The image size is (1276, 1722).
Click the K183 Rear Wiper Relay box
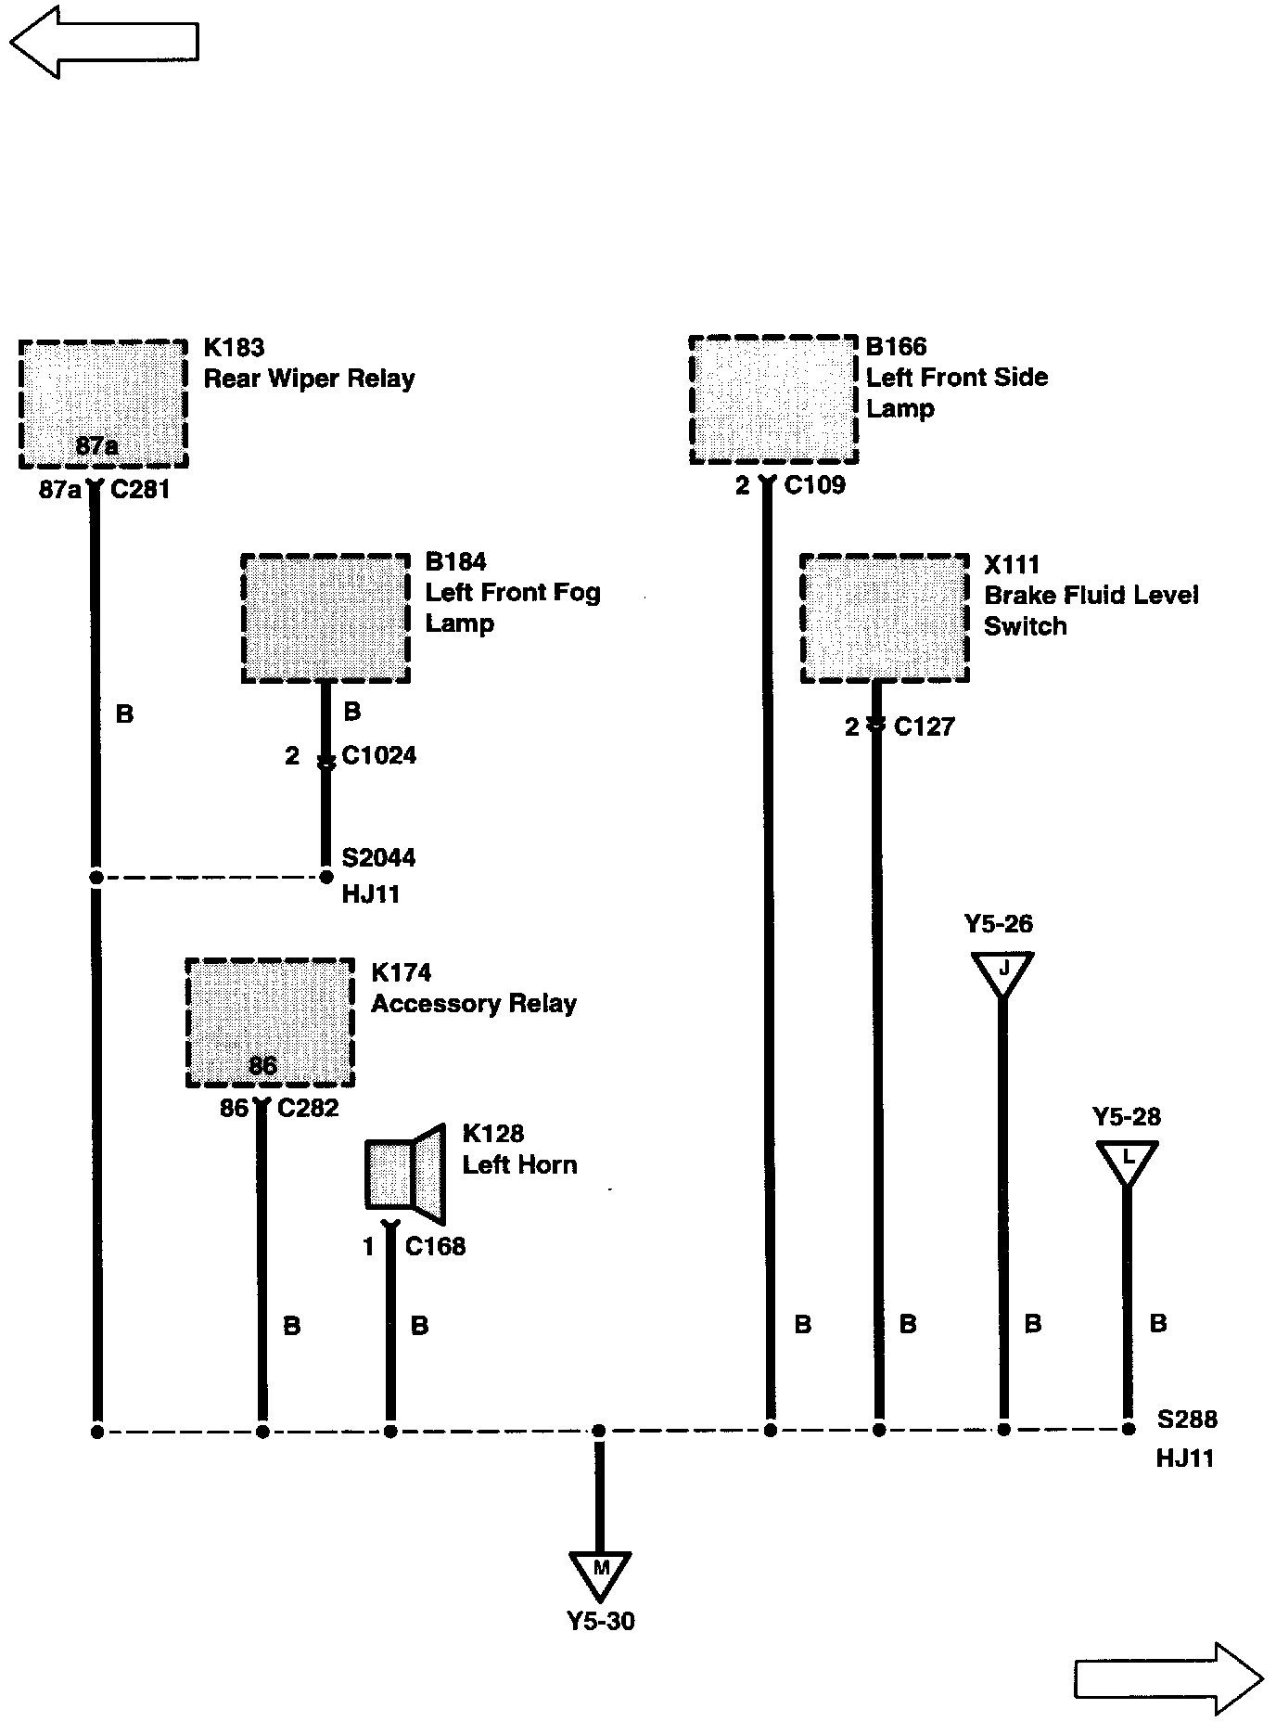[103, 404]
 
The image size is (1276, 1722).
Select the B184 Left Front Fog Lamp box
[325, 618]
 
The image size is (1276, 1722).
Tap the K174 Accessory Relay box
[270, 1022]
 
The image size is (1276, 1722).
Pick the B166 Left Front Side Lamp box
[773, 400]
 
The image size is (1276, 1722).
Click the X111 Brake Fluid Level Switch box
[885, 618]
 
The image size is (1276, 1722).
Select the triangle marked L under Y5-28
[1127, 1162]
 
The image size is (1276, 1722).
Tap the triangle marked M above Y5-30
[600, 1574]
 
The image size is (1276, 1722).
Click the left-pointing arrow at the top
[104, 42]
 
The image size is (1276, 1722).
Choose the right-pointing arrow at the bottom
[1168, 1678]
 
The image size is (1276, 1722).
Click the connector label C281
[140, 489]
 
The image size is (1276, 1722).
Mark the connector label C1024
[378, 755]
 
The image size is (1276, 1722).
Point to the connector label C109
[814, 485]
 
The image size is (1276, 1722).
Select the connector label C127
[924, 726]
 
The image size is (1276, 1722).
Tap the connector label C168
[435, 1246]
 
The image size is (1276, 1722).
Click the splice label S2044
[378, 857]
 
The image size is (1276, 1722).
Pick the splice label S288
[1187, 1419]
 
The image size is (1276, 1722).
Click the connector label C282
[308, 1108]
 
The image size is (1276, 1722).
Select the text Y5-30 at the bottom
[601, 1621]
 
